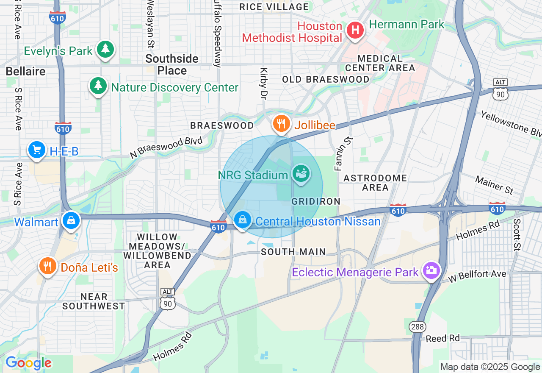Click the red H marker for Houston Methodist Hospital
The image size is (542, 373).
pyautogui.click(x=355, y=30)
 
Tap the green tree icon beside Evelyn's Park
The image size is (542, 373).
pyautogui.click(x=105, y=50)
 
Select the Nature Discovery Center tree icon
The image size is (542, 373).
pyautogui.click(x=98, y=86)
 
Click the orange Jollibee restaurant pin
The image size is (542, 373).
pyautogui.click(x=281, y=124)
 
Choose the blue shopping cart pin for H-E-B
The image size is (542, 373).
pyautogui.click(x=37, y=150)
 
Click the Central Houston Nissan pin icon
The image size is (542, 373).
pyautogui.click(x=243, y=220)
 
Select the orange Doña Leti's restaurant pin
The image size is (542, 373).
pyautogui.click(x=48, y=266)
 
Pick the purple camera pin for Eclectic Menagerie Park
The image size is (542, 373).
pyautogui.click(x=431, y=270)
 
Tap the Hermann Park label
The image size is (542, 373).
pyautogui.click(x=406, y=24)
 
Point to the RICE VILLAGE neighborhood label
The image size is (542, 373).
pyautogui.click(x=274, y=7)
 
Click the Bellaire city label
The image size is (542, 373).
pyautogui.click(x=25, y=71)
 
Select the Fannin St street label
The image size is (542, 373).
pyautogui.click(x=339, y=153)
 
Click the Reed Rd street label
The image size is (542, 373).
pyautogui.click(x=442, y=338)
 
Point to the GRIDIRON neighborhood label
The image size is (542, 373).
pyautogui.click(x=316, y=201)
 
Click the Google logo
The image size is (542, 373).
pyautogui.click(x=28, y=363)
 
